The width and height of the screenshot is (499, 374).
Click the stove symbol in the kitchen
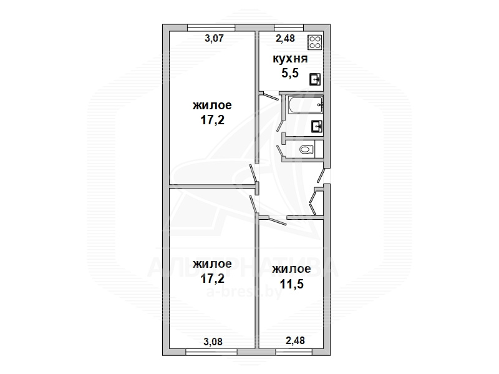point(315,42)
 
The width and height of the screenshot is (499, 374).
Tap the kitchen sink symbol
point(315,79)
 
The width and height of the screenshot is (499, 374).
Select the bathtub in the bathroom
point(306,104)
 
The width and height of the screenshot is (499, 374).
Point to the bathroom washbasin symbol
point(317,127)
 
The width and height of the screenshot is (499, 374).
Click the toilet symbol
point(307,149)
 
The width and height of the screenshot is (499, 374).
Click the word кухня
point(290,59)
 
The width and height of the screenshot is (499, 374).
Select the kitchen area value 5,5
point(290,73)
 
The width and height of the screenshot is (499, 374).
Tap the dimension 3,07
point(214,38)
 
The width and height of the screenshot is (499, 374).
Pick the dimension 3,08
point(213,342)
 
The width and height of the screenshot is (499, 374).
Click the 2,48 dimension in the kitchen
point(285,38)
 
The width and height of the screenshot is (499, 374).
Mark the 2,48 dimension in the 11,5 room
point(295,340)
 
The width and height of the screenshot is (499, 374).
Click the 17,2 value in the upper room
point(212,120)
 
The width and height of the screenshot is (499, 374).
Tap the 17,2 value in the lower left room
point(212,278)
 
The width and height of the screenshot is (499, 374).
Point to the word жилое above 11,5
point(291,269)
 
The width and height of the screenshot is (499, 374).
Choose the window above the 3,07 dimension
point(211,27)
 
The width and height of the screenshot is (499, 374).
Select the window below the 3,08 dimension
point(211,352)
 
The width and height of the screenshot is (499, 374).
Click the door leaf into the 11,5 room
point(278,221)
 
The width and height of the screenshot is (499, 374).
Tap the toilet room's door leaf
point(279,150)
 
